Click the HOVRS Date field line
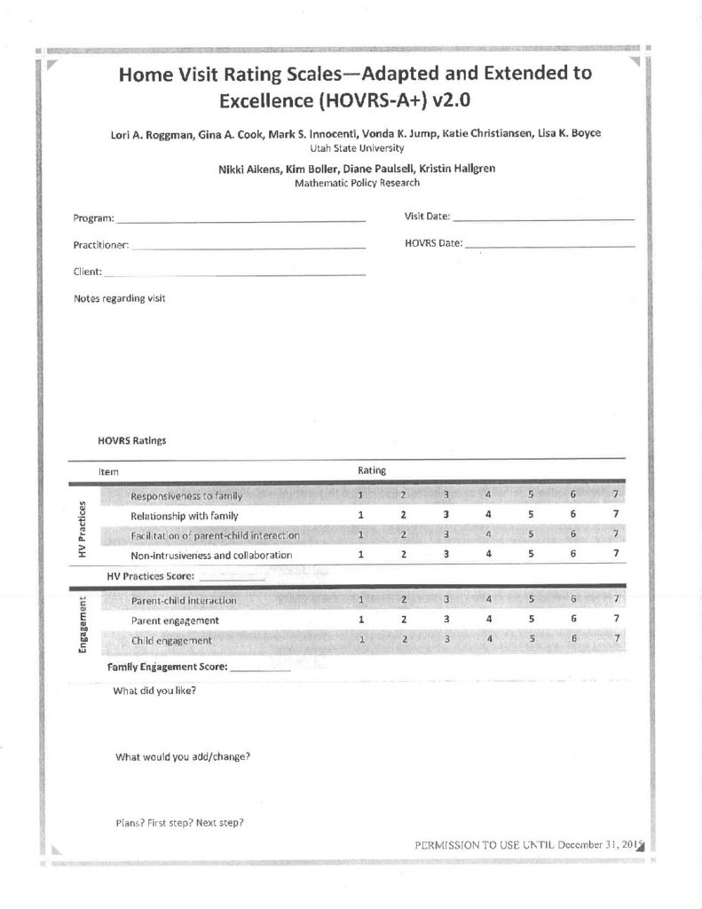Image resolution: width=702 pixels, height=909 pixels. (x=549, y=244)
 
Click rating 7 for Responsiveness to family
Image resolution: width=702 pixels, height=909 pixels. (x=614, y=494)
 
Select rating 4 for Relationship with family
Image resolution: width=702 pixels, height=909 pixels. (x=488, y=514)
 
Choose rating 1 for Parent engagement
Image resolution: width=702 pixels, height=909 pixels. (x=361, y=620)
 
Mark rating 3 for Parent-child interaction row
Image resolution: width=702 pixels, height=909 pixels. (x=446, y=600)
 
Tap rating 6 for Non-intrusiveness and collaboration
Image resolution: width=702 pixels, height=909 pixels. (x=573, y=555)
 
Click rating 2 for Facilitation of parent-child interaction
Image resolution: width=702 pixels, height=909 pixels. (x=403, y=534)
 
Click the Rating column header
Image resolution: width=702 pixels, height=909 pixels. (x=371, y=471)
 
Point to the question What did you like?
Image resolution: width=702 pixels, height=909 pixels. (x=155, y=690)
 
